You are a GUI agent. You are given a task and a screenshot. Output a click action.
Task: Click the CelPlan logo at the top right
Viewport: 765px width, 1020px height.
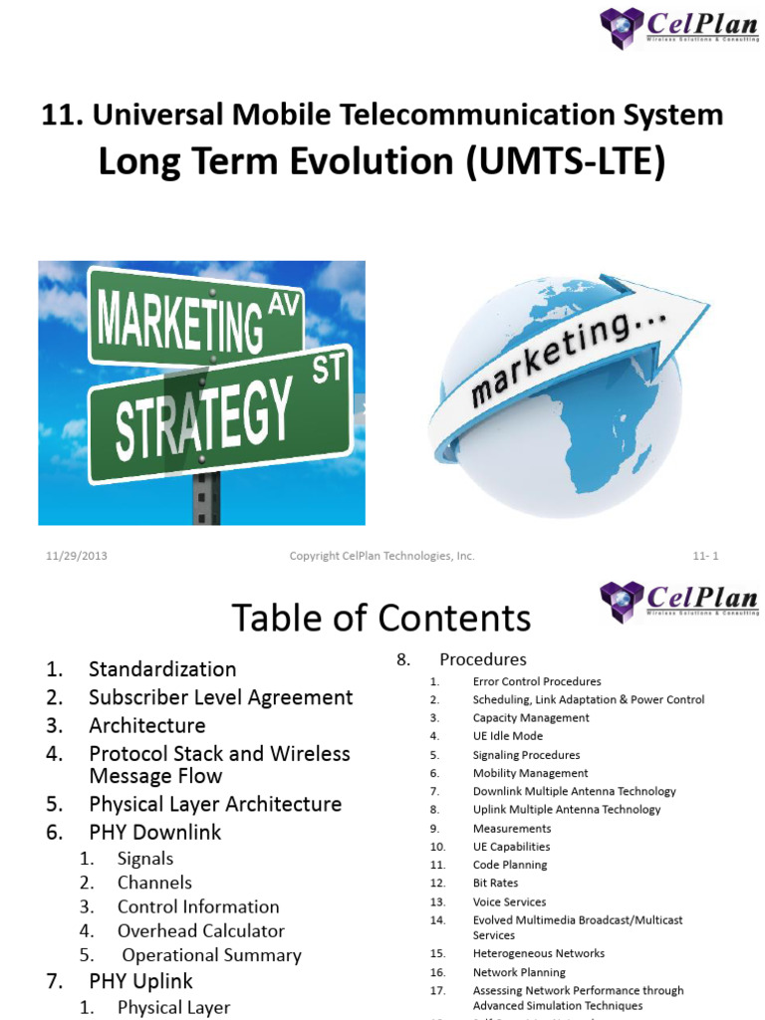pos(679,29)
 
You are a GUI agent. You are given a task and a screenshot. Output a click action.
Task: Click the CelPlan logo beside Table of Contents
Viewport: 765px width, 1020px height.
pos(679,602)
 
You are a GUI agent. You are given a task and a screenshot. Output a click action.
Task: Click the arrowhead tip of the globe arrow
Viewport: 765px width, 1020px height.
pos(702,303)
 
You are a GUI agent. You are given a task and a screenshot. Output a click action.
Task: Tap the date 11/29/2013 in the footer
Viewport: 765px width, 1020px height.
pos(77,556)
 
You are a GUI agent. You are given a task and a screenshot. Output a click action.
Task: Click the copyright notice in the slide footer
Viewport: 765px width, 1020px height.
pos(382,556)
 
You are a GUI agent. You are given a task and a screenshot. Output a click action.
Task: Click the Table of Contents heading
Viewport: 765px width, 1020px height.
pos(382,618)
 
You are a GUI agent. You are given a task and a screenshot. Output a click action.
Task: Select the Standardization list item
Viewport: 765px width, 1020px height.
pos(162,669)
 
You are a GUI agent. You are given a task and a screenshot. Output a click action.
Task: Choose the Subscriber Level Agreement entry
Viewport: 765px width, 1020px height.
pos(220,697)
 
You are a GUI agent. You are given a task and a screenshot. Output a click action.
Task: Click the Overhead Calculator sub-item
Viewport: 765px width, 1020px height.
pos(200,930)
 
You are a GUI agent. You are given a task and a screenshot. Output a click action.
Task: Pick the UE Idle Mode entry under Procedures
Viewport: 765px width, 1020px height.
pos(507,736)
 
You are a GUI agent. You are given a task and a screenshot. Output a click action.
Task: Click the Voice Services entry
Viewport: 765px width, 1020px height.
pos(509,901)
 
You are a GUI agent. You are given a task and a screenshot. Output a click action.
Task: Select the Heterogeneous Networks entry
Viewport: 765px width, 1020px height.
pos(538,953)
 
